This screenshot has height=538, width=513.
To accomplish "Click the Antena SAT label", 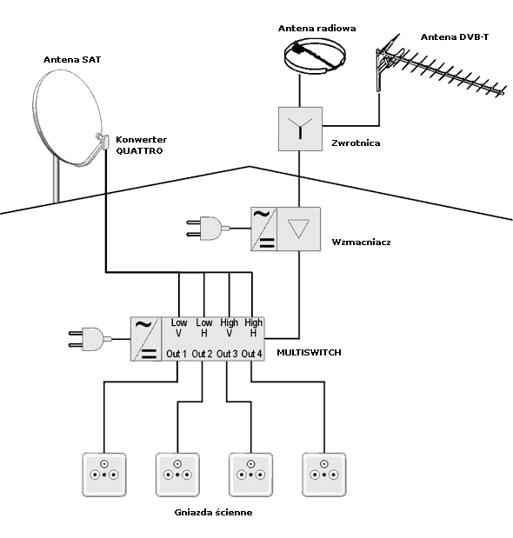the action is (x=72, y=60).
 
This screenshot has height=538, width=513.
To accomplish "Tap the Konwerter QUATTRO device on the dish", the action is (x=103, y=141).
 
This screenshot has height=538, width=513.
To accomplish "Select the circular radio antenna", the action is (x=315, y=56).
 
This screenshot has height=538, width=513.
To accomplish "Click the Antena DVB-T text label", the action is (x=455, y=37).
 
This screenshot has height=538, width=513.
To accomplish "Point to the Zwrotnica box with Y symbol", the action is (x=300, y=129).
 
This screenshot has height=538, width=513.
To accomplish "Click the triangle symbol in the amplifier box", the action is (x=298, y=229).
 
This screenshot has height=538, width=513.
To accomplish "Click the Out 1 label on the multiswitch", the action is (x=177, y=354).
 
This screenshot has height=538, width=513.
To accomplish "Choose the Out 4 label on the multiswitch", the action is (x=252, y=354).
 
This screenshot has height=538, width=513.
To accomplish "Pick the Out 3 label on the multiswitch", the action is (x=227, y=354).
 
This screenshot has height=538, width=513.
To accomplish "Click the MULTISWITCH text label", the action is (x=309, y=353).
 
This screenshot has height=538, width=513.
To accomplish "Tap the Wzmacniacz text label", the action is (x=362, y=242).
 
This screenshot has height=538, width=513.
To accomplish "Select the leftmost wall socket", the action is (x=104, y=475).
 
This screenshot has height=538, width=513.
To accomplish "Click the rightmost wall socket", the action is (x=324, y=475).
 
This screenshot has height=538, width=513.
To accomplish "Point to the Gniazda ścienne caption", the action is (x=213, y=512).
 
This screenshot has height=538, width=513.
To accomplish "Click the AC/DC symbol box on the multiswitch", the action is (x=145, y=339).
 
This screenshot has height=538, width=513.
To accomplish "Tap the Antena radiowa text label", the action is (x=316, y=29).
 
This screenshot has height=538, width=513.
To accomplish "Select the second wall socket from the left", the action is (x=177, y=475).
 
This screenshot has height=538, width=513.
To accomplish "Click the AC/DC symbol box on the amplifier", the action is (x=263, y=229).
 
